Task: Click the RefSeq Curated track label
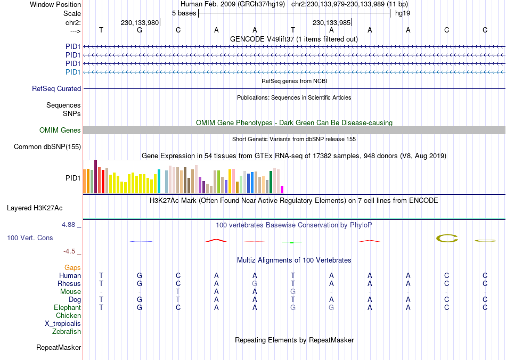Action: (x=56, y=89)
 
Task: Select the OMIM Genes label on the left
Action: (x=60, y=130)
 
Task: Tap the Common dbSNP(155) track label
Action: (x=47, y=147)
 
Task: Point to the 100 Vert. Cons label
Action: (x=30, y=238)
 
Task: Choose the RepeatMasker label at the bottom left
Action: (x=59, y=348)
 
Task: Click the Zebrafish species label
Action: (x=67, y=332)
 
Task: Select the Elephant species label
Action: (x=67, y=308)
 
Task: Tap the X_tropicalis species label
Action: (x=63, y=324)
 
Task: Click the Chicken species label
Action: (x=68, y=316)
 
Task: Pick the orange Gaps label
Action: (x=72, y=267)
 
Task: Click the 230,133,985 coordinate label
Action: (x=331, y=23)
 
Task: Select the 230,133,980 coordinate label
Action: (x=140, y=23)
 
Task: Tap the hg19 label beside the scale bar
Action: (x=402, y=13)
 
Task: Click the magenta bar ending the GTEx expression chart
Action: (x=282, y=190)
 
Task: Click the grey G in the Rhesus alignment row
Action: (x=255, y=284)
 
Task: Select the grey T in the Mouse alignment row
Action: (x=178, y=292)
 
